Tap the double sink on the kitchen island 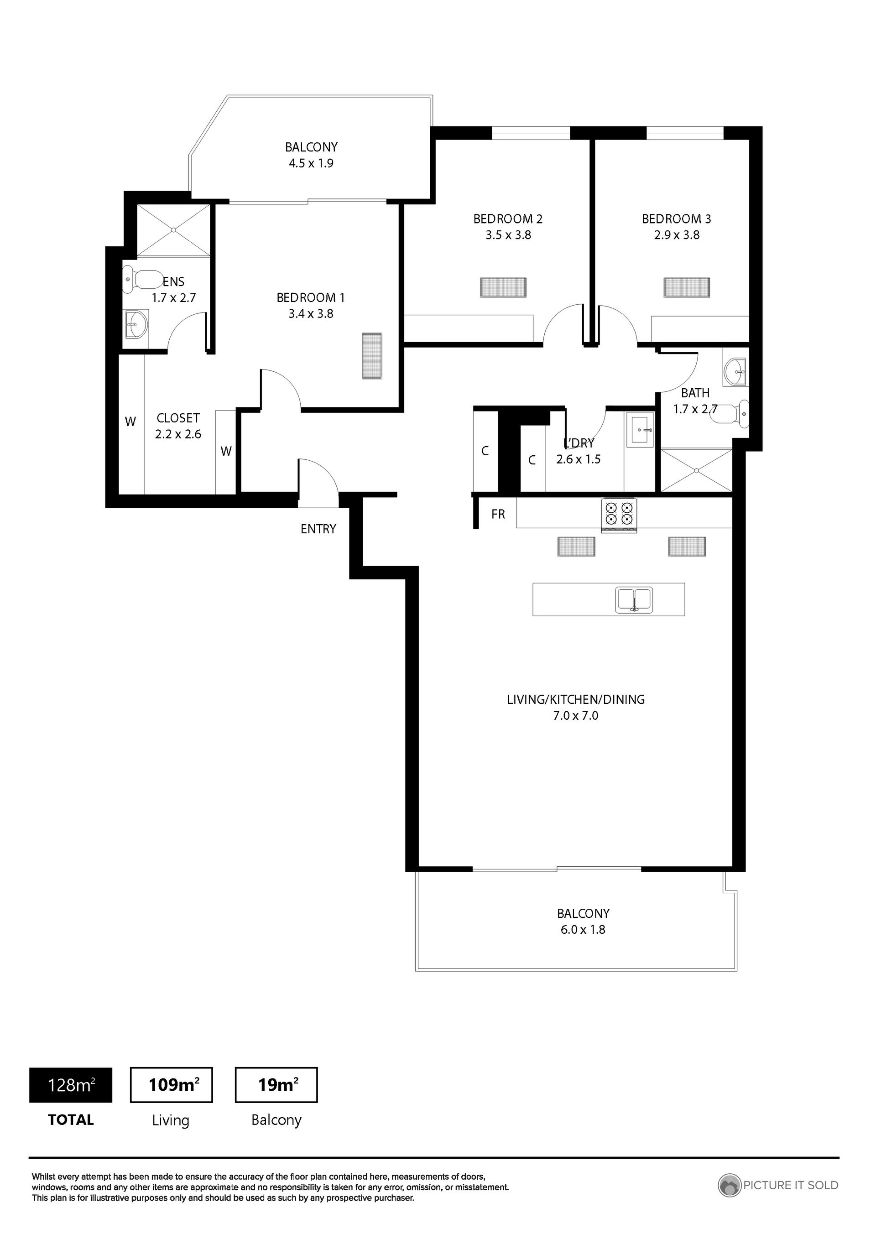click(634, 599)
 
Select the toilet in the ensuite click(142, 279)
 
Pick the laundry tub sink click(640, 430)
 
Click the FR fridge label click(498, 514)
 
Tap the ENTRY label click(318, 529)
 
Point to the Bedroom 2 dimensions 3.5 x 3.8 click(508, 235)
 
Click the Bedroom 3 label click(676, 219)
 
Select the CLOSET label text click(178, 418)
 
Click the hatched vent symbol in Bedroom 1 click(371, 356)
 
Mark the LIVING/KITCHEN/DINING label click(576, 699)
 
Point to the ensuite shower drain click(174, 230)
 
